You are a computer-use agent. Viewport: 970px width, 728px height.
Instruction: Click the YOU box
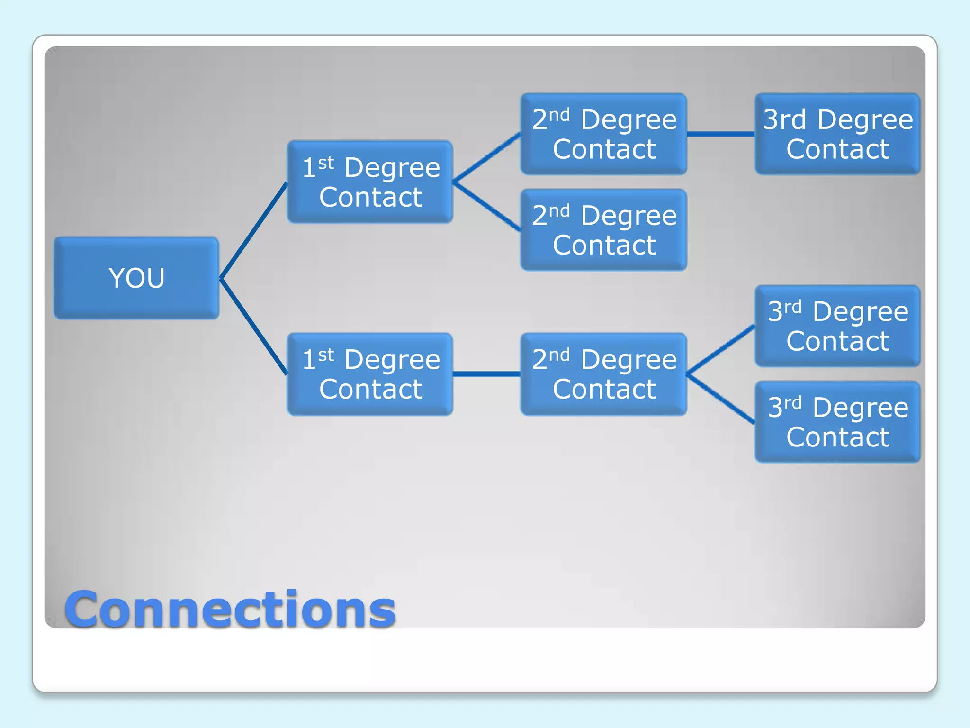(136, 278)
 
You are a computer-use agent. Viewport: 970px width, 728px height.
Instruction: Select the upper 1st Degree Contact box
(370, 182)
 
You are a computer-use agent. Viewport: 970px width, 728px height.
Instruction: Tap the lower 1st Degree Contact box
(370, 374)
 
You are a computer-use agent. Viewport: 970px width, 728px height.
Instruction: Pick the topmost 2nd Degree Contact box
(604, 134)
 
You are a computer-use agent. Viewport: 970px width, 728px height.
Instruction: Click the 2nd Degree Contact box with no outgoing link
(604, 230)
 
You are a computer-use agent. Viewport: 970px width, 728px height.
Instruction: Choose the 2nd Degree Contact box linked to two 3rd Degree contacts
(604, 374)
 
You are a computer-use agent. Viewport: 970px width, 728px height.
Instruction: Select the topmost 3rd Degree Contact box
(837, 134)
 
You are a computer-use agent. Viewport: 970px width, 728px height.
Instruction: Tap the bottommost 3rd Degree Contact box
(837, 422)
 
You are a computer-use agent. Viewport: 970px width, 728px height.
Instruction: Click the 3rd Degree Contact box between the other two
(837, 326)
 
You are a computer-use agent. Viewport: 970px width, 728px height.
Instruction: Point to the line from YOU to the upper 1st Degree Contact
(254, 230)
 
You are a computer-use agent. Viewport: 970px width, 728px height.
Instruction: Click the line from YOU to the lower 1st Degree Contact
(254, 327)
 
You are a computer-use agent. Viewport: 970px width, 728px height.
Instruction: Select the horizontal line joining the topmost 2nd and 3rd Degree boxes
(720, 134)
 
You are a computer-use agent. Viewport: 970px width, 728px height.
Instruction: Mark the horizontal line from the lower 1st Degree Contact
(487, 374)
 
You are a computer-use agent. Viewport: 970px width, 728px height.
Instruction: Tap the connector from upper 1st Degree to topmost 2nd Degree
(487, 158)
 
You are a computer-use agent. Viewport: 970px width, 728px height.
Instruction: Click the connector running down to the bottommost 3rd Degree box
(720, 398)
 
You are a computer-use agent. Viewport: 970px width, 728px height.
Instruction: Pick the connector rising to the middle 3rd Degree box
(720, 350)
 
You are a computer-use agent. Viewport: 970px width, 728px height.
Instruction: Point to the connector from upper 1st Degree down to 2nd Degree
(487, 206)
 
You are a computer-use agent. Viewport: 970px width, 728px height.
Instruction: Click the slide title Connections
(230, 610)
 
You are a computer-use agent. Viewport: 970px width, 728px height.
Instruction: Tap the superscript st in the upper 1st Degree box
(326, 163)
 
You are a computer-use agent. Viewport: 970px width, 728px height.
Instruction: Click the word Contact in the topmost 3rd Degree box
(837, 149)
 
